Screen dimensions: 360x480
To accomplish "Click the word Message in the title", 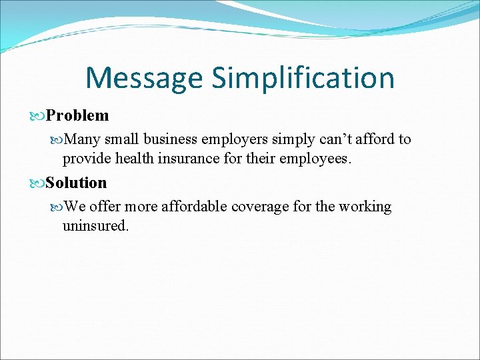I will [x=144, y=77].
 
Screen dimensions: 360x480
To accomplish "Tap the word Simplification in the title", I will [x=303, y=79].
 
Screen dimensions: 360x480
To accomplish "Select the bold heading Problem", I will [x=77, y=115].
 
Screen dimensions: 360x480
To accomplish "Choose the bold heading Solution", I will [x=76, y=183].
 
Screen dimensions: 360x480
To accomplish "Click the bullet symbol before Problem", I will [x=39, y=116].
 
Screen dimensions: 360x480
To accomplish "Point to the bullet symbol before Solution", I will [x=39, y=183].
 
